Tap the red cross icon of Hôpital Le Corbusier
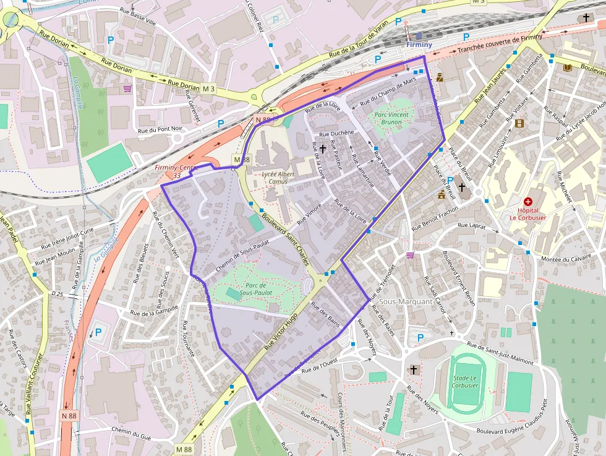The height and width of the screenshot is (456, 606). pos(528,201)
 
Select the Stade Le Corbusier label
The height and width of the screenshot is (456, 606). pos(465,381)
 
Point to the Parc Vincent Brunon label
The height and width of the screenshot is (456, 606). pos(391,118)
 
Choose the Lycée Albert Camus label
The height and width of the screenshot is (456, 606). pos(278,178)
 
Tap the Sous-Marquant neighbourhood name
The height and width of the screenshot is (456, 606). pos(406,301)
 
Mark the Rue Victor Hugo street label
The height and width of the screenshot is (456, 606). pos(281,330)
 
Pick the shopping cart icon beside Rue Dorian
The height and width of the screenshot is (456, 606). pos(127,88)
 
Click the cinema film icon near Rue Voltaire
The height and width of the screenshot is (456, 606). pos(519,123)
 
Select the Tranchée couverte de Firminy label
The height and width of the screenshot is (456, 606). pos(500,43)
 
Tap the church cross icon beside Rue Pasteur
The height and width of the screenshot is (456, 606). pos(322,149)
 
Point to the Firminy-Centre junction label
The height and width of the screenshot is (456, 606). pos(178,171)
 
